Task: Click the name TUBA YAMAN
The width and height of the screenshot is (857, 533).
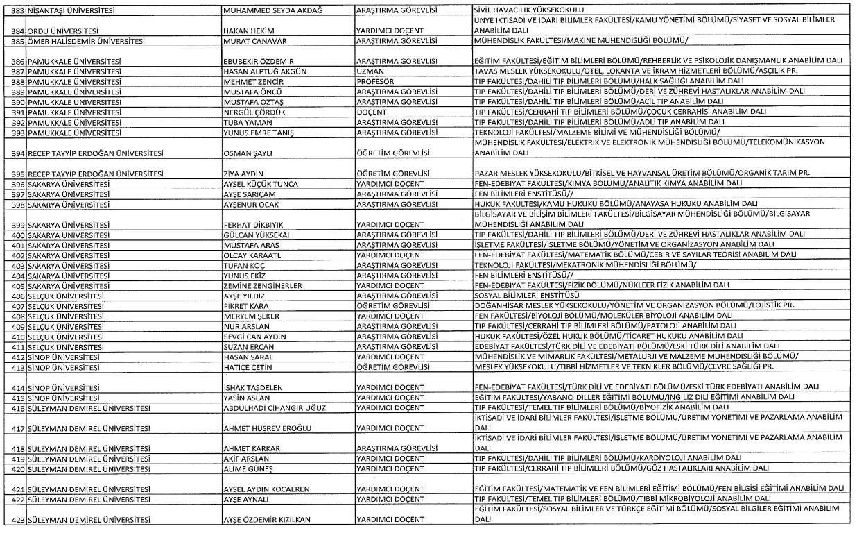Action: click(242, 122)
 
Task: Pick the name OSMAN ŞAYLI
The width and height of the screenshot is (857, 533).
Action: click(243, 153)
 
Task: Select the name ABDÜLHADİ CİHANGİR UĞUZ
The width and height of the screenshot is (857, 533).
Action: click(274, 407)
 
